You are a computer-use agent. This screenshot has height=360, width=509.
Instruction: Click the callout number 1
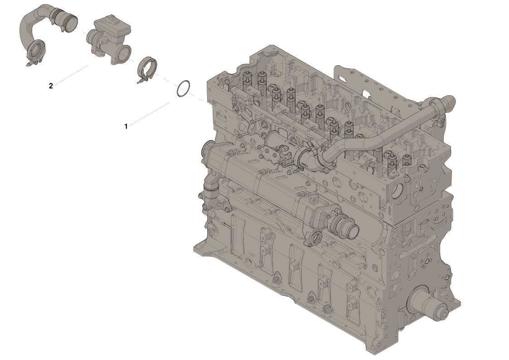[x=126, y=126]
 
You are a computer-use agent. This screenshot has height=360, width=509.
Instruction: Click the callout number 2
[x=51, y=86]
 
